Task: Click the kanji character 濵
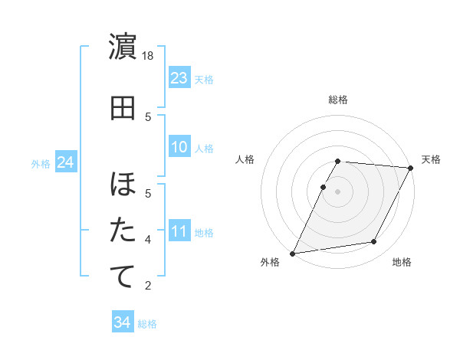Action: [x=123, y=47]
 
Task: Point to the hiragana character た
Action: [x=123, y=230]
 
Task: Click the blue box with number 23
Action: [x=179, y=78]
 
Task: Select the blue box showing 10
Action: [x=179, y=147]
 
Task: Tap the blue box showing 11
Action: [x=179, y=231]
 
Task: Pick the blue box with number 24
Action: [x=66, y=163]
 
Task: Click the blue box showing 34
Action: [x=122, y=322]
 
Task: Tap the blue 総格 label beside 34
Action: [x=148, y=324]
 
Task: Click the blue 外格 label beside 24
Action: [x=41, y=164]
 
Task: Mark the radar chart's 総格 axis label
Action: [x=338, y=100]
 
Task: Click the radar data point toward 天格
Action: [x=410, y=168]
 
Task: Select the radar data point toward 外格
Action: [x=292, y=253]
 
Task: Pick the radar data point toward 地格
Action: [x=374, y=242]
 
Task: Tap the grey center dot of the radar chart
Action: [x=337, y=191]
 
